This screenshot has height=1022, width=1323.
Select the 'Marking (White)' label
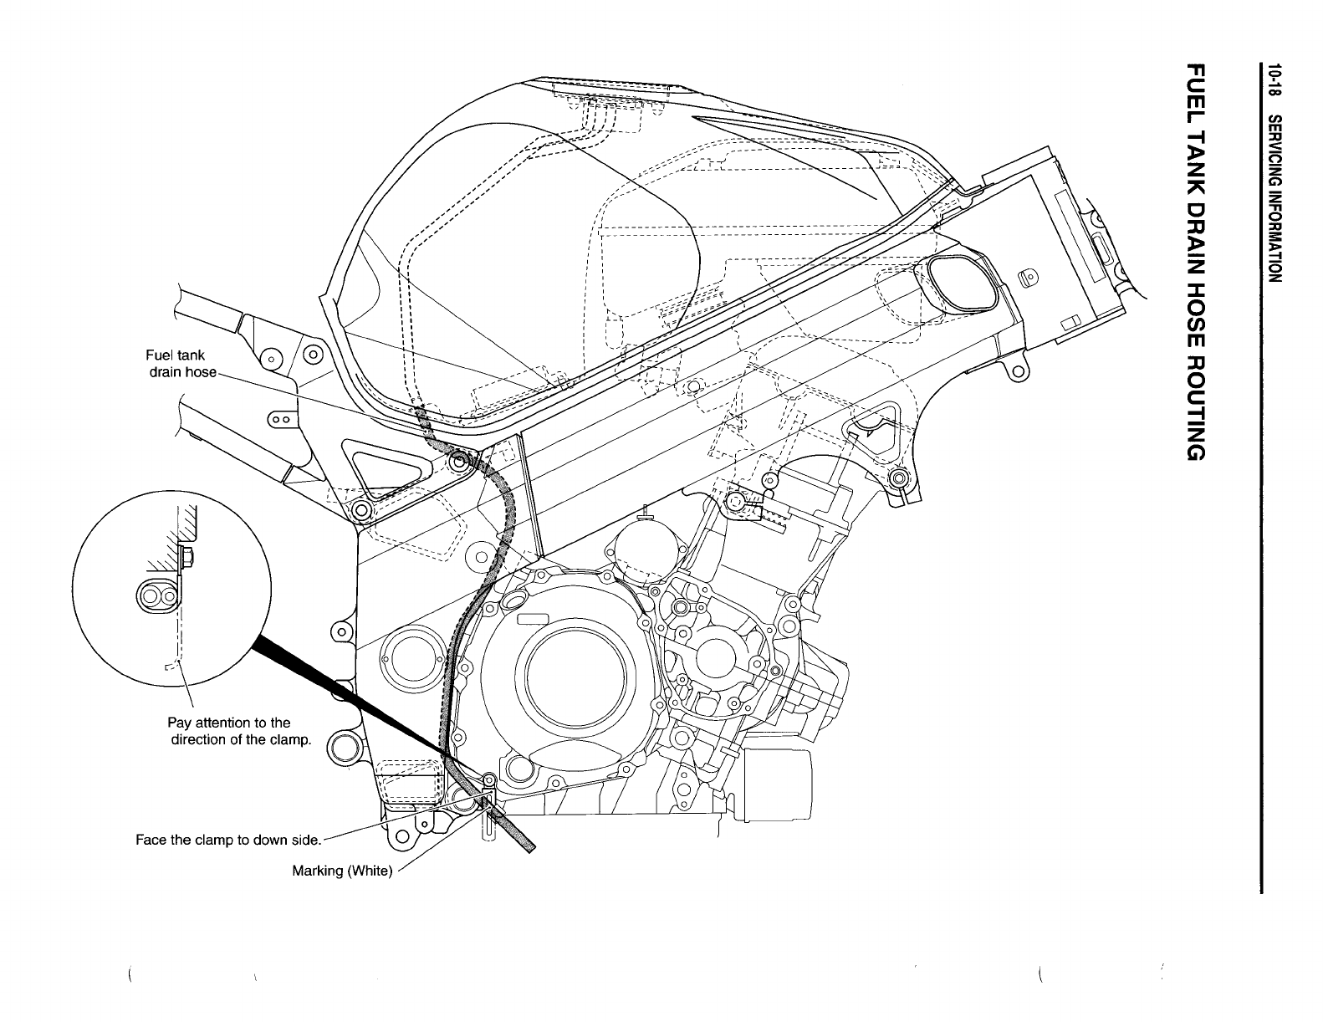pyautogui.click(x=342, y=871)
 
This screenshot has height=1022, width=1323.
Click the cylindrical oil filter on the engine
pyautogui.click(x=775, y=785)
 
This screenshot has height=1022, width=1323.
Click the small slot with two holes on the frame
pyautogui.click(x=283, y=418)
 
